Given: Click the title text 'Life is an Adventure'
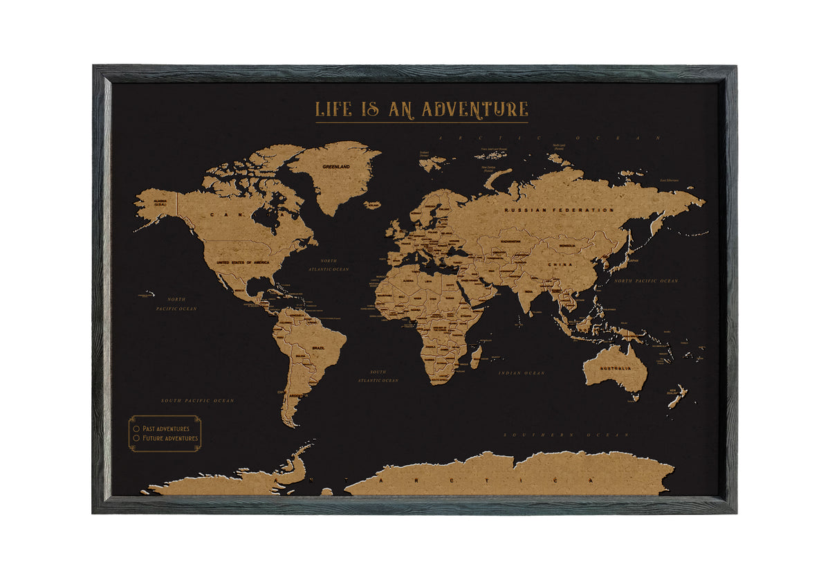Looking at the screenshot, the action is [x=421, y=109].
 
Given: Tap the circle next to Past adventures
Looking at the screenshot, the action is [x=136, y=428].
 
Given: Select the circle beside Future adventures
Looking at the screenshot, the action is [x=136, y=438].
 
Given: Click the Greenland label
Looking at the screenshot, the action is [x=336, y=167].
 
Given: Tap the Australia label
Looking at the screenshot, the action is [x=615, y=368].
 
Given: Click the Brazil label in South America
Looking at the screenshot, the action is [x=319, y=347].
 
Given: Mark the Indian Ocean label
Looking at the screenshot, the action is [x=522, y=373].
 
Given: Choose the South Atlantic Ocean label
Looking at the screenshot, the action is [x=378, y=376].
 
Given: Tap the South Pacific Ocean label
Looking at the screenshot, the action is [x=197, y=401].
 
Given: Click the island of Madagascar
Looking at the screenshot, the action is [x=476, y=357].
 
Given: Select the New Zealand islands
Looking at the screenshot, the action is [x=678, y=396].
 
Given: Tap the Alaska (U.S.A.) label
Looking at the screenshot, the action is [x=160, y=202].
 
